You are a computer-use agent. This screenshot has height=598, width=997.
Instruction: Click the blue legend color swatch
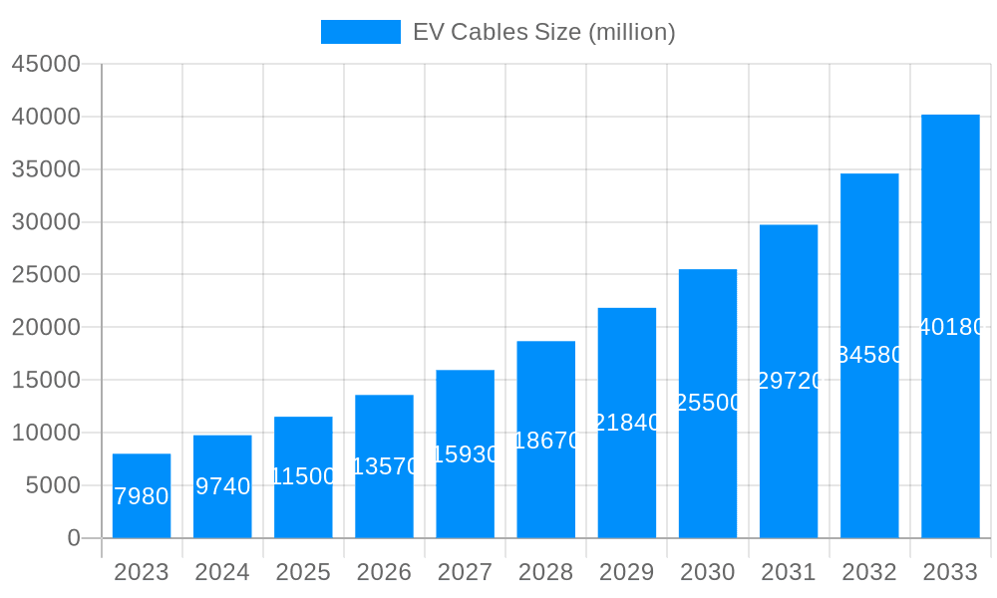pos(360,32)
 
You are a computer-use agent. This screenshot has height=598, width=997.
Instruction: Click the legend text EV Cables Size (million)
pos(543,32)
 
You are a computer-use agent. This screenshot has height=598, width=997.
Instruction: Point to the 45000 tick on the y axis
pos(46,64)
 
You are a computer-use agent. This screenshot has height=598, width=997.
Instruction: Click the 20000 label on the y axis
pos(46,327)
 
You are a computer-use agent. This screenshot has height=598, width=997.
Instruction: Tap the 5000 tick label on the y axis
pos(52,485)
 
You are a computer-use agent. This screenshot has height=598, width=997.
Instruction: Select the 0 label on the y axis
pos(74,538)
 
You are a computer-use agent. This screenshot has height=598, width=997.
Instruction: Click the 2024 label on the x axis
pos(222,572)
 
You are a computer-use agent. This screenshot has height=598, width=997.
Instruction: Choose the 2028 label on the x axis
pos(545,572)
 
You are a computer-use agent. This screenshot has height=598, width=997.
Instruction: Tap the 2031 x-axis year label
pos(789,572)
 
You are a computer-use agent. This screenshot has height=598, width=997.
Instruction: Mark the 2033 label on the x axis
pos(950,572)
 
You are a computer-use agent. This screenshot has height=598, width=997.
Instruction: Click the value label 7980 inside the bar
pos(142,496)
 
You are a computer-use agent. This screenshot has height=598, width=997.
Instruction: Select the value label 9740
pos(222,486)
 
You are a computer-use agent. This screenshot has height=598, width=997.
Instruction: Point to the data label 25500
pos(708,403)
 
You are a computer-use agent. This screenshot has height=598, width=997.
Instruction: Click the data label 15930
pos(465,454)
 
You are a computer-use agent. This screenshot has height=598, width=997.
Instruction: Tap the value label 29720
pos(789,381)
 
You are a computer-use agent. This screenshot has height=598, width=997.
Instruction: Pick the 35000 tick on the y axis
pos(46,169)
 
